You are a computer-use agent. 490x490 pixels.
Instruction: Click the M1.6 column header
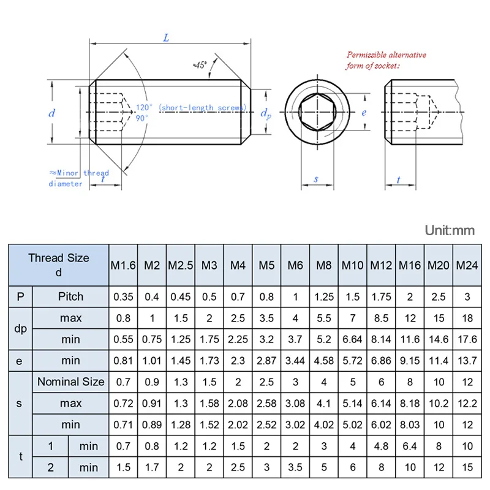click(123, 265)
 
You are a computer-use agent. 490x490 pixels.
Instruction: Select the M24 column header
click(467, 265)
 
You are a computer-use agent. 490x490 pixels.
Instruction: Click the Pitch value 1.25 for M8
click(323, 296)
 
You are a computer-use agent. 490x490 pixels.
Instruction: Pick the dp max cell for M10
click(352, 318)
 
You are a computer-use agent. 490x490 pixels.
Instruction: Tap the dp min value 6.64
click(352, 339)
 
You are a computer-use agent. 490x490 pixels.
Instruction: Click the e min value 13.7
click(467, 360)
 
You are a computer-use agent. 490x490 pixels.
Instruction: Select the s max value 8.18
click(410, 403)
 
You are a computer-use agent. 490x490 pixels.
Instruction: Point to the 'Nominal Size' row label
click(70, 382)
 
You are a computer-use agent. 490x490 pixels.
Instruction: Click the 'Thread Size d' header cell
click(59, 265)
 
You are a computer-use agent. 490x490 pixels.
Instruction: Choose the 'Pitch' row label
click(70, 296)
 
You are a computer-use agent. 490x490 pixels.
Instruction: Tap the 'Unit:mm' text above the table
click(450, 231)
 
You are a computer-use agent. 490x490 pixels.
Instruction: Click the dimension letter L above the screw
click(166, 38)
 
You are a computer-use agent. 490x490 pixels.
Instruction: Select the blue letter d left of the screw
click(52, 113)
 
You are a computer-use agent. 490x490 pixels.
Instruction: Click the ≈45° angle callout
click(200, 64)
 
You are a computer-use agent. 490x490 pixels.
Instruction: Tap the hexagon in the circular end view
click(317, 113)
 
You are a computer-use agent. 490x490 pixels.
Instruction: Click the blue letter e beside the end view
click(363, 113)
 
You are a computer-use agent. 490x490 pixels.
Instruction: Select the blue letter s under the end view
click(316, 179)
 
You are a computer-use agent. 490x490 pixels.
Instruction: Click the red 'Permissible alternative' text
click(386, 55)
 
